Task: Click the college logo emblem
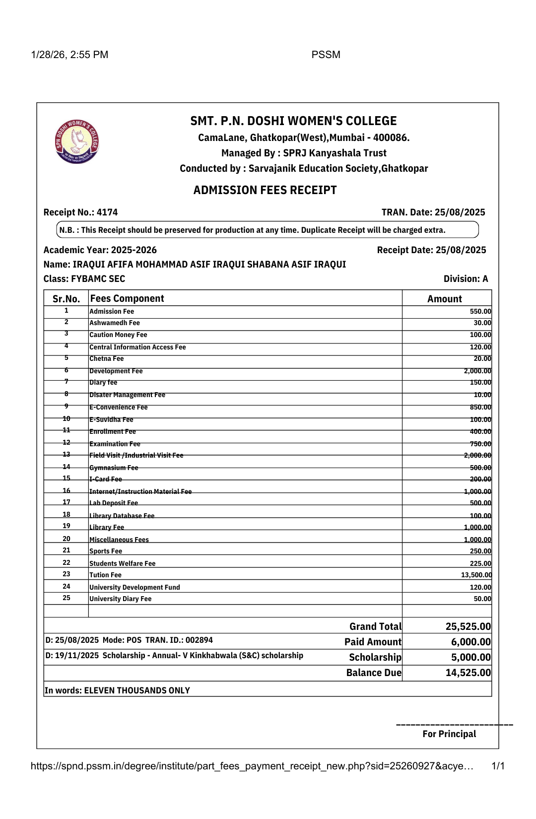(77, 141)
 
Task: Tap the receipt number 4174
(107, 212)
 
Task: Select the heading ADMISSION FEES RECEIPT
(265, 190)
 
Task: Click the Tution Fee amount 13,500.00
(476, 575)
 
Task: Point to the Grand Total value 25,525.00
(468, 626)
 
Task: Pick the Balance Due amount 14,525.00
(468, 673)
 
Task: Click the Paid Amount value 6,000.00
(470, 642)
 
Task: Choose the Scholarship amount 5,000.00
(470, 657)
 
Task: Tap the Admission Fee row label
(112, 311)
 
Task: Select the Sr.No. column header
(66, 299)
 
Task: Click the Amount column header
(445, 299)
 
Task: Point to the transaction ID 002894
(199, 640)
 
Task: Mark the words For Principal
(449, 734)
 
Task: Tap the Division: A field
(466, 279)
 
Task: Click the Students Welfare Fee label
(122, 563)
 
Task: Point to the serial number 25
(67, 598)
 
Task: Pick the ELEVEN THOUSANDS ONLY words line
(137, 690)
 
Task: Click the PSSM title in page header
(326, 55)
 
